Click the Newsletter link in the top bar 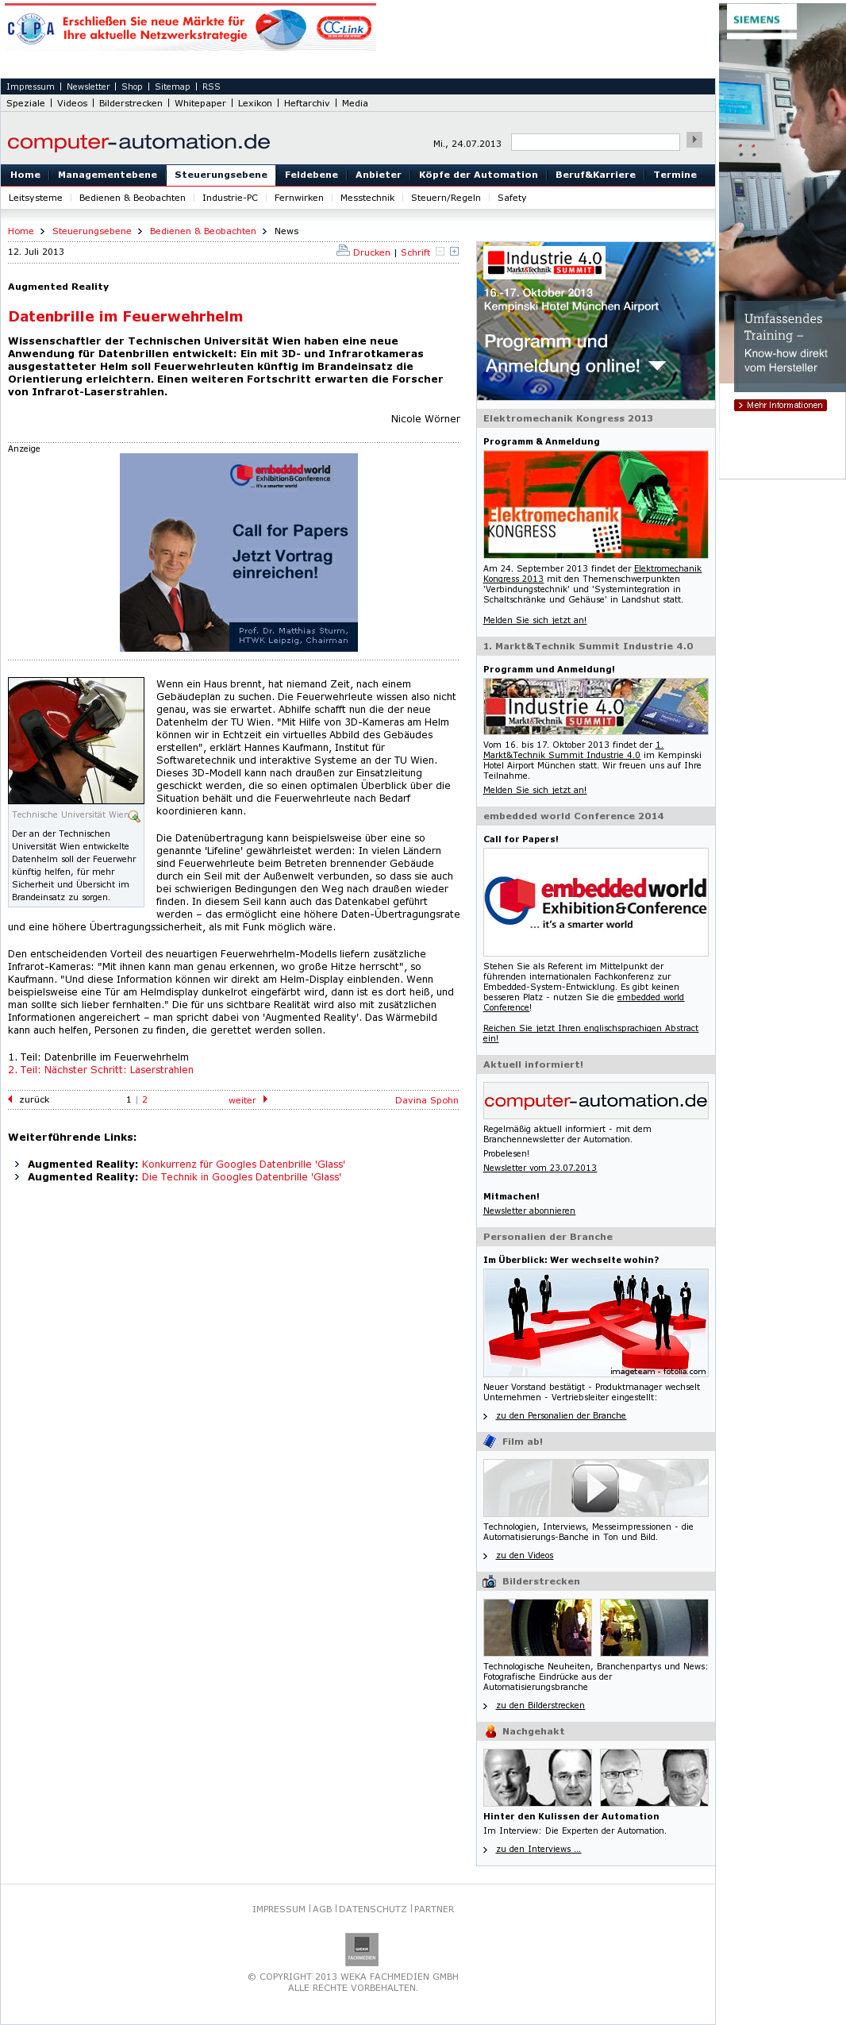tap(88, 87)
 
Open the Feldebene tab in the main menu tap(311, 175)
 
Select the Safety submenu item tap(511, 198)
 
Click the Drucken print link tap(371, 252)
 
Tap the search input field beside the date tap(595, 142)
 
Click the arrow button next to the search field tap(694, 140)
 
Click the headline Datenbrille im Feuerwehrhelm tap(125, 316)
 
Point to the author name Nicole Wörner tap(425, 418)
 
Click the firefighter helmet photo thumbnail tap(76, 740)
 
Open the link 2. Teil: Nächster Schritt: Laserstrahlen tap(101, 1069)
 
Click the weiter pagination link tap(242, 1100)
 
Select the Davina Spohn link tap(427, 1100)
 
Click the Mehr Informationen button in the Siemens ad tap(781, 405)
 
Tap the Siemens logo tap(756, 20)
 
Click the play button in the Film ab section tap(595, 1488)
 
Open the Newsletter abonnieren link tap(529, 1211)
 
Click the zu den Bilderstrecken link tap(540, 1705)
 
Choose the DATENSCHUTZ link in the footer tap(372, 1909)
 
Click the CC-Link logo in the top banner tap(344, 29)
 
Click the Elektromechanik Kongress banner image tap(595, 504)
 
